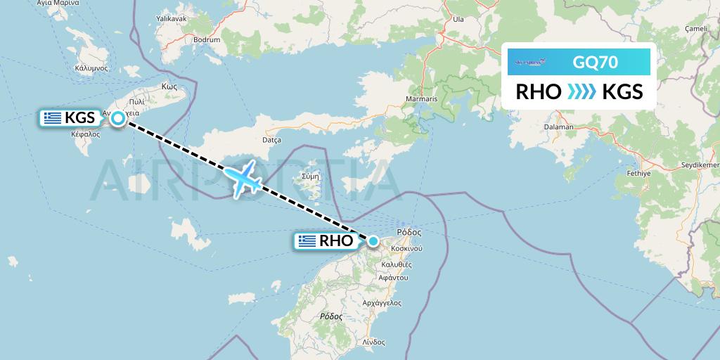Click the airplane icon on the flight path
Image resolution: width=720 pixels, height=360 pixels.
245,179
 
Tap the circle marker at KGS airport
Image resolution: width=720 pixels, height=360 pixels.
119,118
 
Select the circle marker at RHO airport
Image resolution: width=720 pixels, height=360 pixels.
373,241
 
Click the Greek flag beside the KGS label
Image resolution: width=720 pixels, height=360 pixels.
52,118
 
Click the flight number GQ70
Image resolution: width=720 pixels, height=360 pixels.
595,63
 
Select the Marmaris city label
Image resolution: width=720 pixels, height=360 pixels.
421,99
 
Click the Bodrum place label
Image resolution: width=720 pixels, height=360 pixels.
206,40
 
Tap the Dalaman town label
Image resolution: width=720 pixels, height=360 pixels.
559,127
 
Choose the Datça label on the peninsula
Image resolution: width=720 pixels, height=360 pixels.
271,140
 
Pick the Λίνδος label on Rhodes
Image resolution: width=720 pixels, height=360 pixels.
373,342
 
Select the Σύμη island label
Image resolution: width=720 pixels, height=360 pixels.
309,176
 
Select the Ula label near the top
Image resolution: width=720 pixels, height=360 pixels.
458,19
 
